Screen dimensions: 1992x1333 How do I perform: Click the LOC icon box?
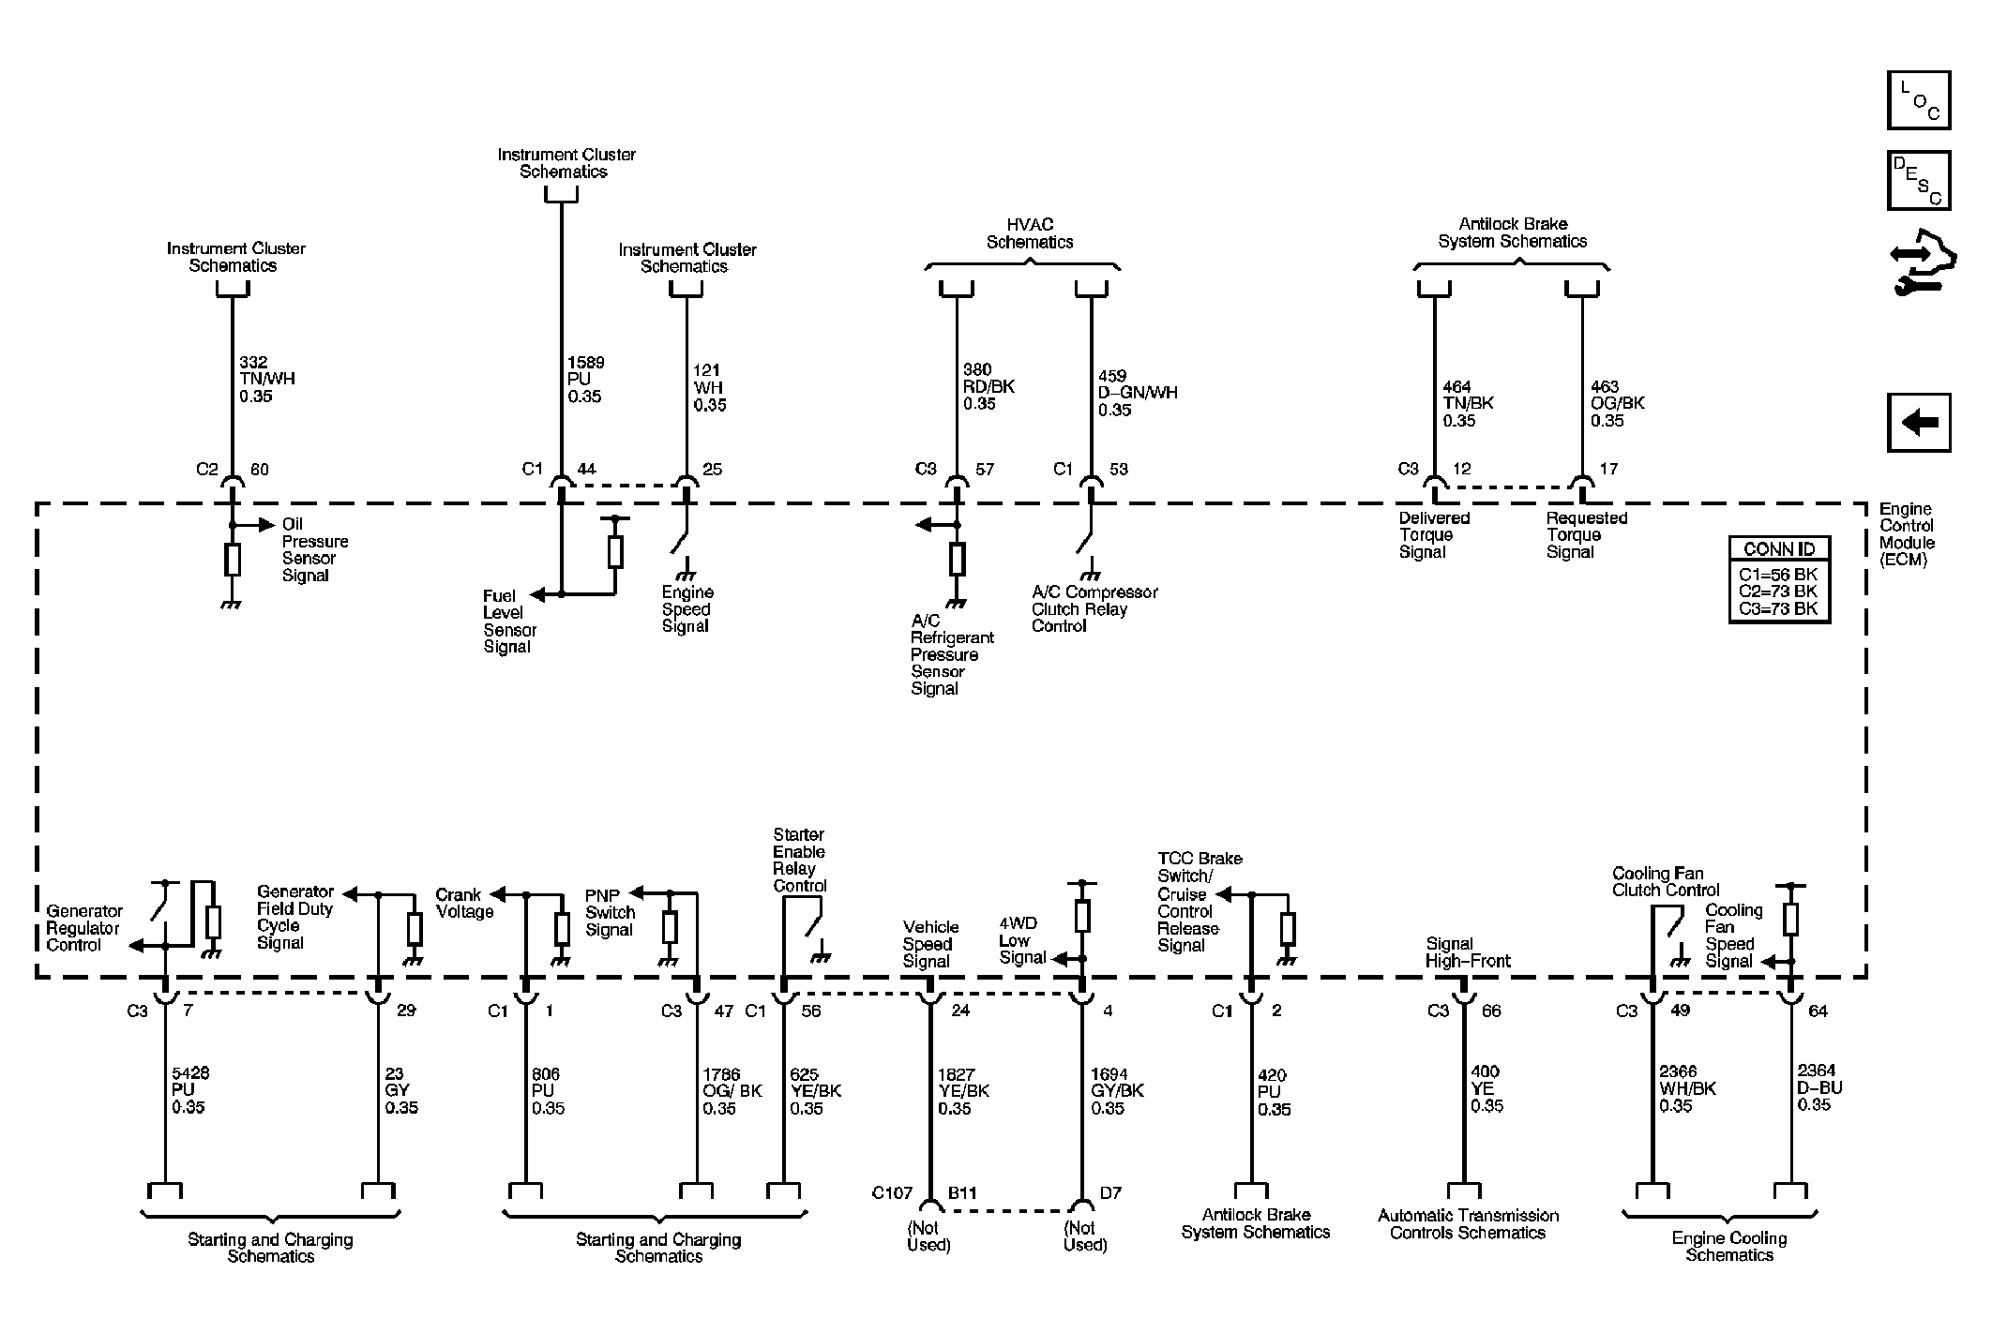pyautogui.click(x=1919, y=99)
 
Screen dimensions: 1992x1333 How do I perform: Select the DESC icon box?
pyautogui.click(x=1919, y=180)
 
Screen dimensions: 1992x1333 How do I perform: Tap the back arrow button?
pyautogui.click(x=1919, y=423)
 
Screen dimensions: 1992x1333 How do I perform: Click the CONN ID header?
pyautogui.click(x=1779, y=549)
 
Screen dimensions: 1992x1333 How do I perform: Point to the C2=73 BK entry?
pyautogui.click(x=1778, y=592)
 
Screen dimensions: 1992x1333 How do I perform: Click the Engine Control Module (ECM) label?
pyautogui.click(x=1907, y=534)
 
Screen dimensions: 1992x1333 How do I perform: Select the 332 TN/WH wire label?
pyautogui.click(x=267, y=379)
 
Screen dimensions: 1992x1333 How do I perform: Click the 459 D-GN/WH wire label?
pyautogui.click(x=1138, y=393)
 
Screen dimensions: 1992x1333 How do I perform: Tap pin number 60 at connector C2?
pyautogui.click(x=260, y=470)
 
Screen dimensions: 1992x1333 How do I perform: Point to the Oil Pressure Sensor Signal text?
pyautogui.click(x=315, y=549)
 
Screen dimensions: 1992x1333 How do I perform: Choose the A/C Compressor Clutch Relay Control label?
pyautogui.click(x=1094, y=609)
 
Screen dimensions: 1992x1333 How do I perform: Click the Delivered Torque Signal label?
pyautogui.click(x=1434, y=535)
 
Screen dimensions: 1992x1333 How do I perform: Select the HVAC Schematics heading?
pyautogui.click(x=1030, y=233)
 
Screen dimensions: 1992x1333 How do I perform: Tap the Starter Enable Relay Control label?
pyautogui.click(x=799, y=861)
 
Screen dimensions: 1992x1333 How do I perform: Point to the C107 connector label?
pyautogui.click(x=891, y=1193)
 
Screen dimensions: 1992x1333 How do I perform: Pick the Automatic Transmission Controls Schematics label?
pyautogui.click(x=1468, y=1224)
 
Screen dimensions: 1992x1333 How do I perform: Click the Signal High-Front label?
pyautogui.click(x=1468, y=952)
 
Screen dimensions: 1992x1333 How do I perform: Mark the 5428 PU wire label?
pyautogui.click(x=189, y=1090)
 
